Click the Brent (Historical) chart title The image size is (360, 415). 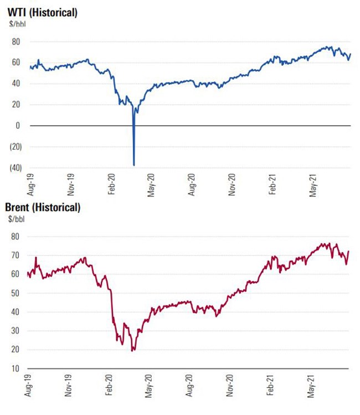point(43,208)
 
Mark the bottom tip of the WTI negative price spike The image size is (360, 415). point(134,165)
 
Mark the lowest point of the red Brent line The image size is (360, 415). point(132,351)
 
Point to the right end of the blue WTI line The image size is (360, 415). point(351,54)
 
